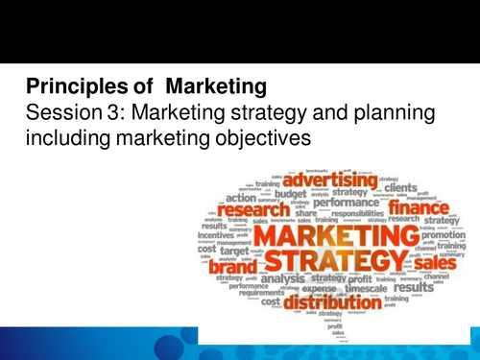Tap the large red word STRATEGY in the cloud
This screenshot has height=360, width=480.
tap(327, 260)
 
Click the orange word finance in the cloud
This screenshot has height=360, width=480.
tap(415, 207)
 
